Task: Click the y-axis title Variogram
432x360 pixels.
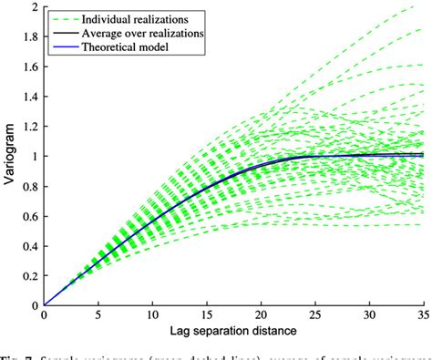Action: (11, 156)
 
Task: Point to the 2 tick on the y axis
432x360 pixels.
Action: (35, 7)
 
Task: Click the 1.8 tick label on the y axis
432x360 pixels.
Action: (30, 37)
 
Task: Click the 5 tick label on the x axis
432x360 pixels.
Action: (98, 316)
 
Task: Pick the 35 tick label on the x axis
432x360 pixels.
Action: (423, 316)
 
